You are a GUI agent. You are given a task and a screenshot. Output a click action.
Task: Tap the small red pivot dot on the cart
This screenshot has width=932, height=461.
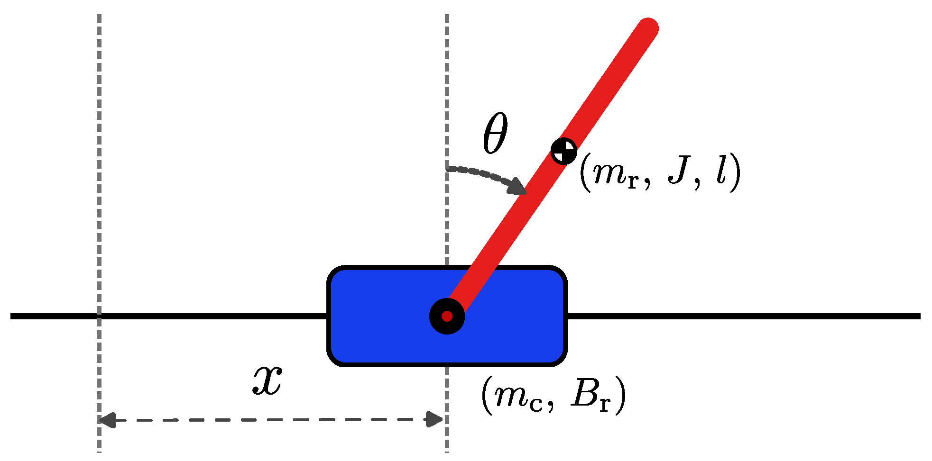click(x=447, y=316)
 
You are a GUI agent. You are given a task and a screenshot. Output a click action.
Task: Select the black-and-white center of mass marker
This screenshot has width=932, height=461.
click(x=564, y=151)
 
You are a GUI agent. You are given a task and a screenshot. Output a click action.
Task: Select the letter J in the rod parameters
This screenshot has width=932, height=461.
click(x=679, y=171)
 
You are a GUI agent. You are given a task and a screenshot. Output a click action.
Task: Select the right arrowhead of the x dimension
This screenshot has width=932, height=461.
click(x=435, y=419)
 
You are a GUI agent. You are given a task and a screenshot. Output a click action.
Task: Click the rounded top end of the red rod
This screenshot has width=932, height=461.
click(x=647, y=28)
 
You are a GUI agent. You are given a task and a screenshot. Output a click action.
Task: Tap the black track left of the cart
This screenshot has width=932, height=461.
click(x=190, y=316)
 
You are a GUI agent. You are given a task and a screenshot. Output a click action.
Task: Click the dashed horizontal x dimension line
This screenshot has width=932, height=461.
click(x=270, y=420)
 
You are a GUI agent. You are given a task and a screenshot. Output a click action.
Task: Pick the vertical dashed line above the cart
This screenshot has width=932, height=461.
click(x=447, y=95)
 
